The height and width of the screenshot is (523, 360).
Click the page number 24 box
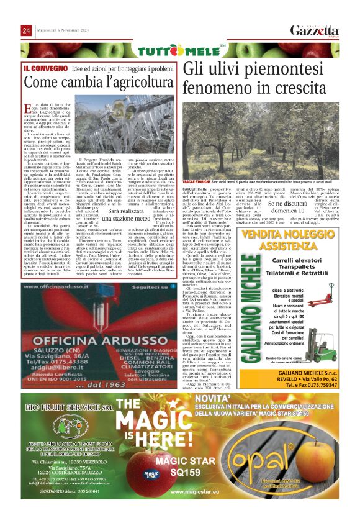[x=26, y=30]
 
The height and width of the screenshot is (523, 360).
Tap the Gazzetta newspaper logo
[x=314, y=30]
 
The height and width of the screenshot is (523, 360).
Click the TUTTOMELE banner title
[x=180, y=50]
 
